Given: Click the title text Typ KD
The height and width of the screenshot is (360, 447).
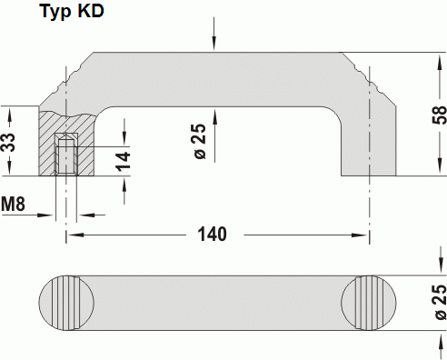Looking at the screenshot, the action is coord(72,12).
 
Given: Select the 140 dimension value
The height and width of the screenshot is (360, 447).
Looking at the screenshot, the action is coord(212,235).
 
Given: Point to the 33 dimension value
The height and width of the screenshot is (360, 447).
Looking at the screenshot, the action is coord(8,143).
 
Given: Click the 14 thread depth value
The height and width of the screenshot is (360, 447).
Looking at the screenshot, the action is coord(124,162).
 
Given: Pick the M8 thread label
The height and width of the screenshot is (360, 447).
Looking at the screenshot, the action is coord(13,204).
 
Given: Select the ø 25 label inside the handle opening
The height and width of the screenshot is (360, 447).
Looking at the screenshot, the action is coord(200,141).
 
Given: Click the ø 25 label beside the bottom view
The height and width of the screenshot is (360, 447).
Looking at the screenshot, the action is coord(441,302).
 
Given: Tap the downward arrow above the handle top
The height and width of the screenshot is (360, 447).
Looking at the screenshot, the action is coord(214,33).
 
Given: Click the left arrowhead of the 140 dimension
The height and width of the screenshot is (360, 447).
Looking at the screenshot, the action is coord(75,235).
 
